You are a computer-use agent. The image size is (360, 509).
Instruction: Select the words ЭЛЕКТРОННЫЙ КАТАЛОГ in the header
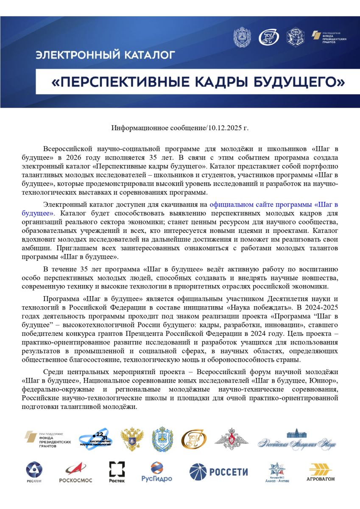[x=105, y=55]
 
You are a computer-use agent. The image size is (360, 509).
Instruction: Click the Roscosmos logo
[x=75, y=472]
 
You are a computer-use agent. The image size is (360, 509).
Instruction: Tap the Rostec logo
[x=117, y=472]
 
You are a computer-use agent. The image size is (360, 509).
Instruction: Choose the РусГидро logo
[x=157, y=472]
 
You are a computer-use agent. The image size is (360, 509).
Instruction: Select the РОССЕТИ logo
[x=218, y=471]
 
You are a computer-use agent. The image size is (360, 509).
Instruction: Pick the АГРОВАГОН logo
[x=321, y=472]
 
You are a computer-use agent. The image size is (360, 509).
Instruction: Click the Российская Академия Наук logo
[x=297, y=440]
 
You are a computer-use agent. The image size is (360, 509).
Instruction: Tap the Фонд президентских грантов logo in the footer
[x=47, y=439]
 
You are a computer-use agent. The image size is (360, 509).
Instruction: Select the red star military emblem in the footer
[x=232, y=440]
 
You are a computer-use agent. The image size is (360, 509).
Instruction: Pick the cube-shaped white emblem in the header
[x=295, y=37]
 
